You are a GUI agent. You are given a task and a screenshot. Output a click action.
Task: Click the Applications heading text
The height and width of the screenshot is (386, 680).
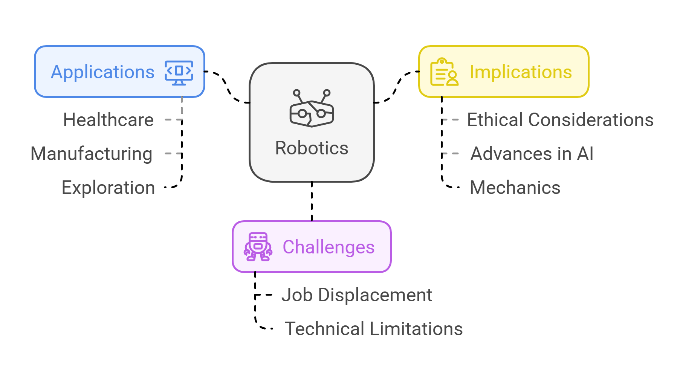point(102,72)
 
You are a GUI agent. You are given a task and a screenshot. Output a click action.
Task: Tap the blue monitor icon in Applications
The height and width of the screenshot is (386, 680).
point(179,72)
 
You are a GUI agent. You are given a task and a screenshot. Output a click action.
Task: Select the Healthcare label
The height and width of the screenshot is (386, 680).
point(108,120)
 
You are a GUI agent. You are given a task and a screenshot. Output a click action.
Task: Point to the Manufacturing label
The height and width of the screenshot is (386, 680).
point(92,154)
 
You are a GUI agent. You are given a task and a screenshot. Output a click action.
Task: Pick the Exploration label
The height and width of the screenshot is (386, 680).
point(108,188)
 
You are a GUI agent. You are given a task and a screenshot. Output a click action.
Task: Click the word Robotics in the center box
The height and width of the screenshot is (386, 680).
point(312,148)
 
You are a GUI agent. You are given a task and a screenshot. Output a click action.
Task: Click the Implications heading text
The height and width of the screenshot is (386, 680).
point(521,72)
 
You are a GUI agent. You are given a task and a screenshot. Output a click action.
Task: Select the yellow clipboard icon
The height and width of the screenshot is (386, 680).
point(444,72)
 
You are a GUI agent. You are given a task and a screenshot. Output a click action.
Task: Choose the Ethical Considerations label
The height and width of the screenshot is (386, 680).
point(560,120)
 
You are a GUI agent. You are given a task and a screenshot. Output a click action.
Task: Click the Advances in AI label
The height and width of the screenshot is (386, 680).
point(532,154)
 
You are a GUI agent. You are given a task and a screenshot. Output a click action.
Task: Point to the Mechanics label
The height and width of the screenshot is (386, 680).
point(515,188)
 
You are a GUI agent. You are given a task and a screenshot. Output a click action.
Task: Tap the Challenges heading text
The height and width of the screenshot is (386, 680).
point(329,247)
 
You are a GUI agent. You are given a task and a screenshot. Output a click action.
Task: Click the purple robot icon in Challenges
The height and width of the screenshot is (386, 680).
point(258,247)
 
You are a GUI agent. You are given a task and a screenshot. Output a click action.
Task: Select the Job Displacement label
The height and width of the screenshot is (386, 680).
point(357,295)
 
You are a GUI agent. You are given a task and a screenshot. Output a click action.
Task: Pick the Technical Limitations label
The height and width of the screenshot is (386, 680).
point(373,329)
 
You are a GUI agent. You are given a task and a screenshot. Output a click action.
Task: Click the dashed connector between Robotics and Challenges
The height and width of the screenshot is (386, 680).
point(312,201)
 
